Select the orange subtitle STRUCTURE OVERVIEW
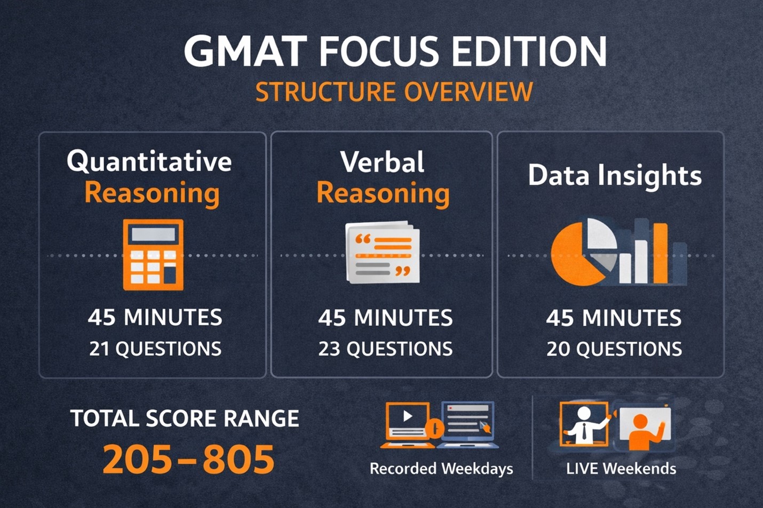click(394, 92)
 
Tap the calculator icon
click(153, 255)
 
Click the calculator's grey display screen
click(153, 235)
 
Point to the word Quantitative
click(149, 161)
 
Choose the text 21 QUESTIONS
click(155, 349)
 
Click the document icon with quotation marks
click(382, 252)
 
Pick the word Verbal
click(382, 162)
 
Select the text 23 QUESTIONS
click(386, 349)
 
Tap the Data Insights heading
click(615, 176)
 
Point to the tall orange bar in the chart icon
click(661, 253)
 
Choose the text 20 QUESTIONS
click(614, 349)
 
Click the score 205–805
click(188, 459)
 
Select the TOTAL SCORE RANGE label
click(185, 418)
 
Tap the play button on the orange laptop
click(408, 416)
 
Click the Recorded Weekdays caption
click(441, 469)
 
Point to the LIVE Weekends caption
click(621, 469)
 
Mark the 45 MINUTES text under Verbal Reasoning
click(386, 318)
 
